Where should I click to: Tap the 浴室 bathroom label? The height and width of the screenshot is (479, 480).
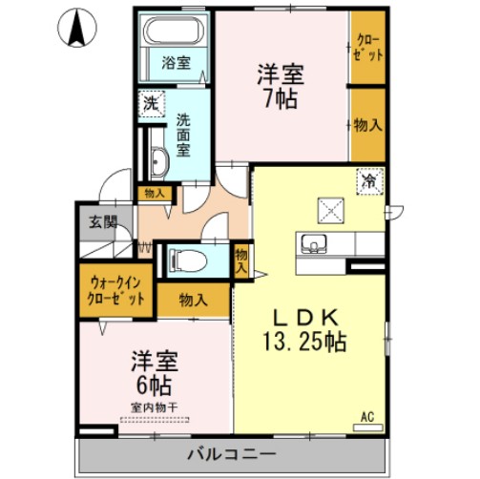[175, 64]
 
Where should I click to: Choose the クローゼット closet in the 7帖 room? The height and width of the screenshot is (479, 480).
[368, 48]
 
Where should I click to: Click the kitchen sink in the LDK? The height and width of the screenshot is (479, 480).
[312, 245]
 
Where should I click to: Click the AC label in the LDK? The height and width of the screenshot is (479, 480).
[367, 415]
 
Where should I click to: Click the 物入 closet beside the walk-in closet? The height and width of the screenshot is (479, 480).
[194, 300]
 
